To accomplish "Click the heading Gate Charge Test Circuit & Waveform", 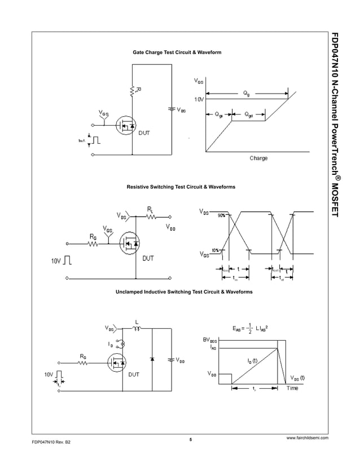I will (x=177, y=52).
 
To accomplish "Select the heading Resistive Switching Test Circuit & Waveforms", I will (x=181, y=186).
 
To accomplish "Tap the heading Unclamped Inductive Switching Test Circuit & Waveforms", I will (x=184, y=292).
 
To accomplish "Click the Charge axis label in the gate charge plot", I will (x=258, y=158).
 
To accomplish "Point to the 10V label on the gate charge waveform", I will (x=199, y=99).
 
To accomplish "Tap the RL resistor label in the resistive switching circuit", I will (x=151, y=209).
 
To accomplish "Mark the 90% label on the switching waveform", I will (x=221, y=216).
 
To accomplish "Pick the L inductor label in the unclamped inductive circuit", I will (x=137, y=323).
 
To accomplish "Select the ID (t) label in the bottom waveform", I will (x=252, y=361).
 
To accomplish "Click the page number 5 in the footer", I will (x=191, y=439).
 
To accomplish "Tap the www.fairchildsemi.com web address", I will (x=308, y=438).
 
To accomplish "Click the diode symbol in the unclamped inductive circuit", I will (x=153, y=359).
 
